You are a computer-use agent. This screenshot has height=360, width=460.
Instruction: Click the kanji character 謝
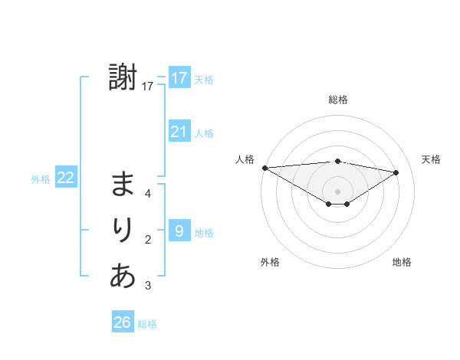click(x=123, y=78)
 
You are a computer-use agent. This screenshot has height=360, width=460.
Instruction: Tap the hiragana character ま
click(x=123, y=185)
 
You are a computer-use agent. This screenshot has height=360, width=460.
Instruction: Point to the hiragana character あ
click(x=123, y=275)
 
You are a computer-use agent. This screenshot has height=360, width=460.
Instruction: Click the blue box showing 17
click(x=179, y=78)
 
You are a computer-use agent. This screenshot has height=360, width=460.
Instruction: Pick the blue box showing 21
click(x=179, y=132)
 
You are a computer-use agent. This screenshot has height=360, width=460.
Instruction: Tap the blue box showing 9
click(x=179, y=230)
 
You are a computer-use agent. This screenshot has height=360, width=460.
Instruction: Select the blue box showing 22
click(x=65, y=178)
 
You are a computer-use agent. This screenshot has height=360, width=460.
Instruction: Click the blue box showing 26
click(x=123, y=322)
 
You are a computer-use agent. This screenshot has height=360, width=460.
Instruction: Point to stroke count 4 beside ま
click(x=148, y=194)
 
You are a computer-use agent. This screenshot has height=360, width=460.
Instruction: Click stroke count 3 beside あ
click(x=148, y=286)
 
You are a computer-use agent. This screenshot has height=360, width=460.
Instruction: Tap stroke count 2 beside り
click(x=148, y=240)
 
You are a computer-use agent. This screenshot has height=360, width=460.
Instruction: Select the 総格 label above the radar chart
click(x=337, y=100)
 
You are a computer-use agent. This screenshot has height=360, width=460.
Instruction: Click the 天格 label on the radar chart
click(x=431, y=159)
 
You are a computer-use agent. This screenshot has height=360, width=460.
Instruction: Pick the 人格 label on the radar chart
click(x=245, y=159)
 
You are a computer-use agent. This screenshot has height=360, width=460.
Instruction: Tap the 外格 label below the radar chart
click(x=270, y=262)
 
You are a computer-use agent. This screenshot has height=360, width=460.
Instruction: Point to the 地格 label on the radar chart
click(x=402, y=262)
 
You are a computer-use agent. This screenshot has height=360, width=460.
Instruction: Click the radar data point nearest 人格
click(x=264, y=167)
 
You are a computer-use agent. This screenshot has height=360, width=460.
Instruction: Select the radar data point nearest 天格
click(x=396, y=172)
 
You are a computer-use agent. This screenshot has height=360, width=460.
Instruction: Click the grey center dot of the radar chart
click(x=337, y=191)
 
